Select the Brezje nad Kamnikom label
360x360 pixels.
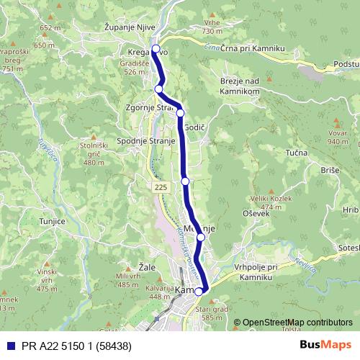[x=243, y=86]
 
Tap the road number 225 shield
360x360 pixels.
[x=160, y=186]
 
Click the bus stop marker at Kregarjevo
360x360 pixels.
[x=155, y=49]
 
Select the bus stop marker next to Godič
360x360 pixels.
[x=180, y=113]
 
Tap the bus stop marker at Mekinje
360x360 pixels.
[x=201, y=237]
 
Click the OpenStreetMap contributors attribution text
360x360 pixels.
[x=298, y=323]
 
